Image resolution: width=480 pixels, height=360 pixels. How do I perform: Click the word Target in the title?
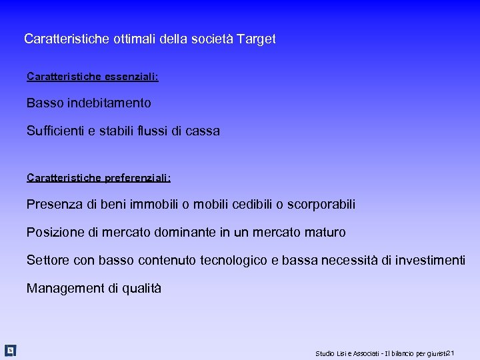(x=257, y=39)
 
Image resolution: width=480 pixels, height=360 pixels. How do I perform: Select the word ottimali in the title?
(x=134, y=39)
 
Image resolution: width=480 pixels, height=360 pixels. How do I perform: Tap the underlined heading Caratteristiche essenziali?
(x=93, y=77)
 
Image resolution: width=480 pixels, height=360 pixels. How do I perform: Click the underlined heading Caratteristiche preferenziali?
(x=99, y=178)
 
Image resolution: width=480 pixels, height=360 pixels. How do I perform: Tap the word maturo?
(x=325, y=233)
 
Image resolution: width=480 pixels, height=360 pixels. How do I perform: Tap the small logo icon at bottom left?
(x=10, y=350)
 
